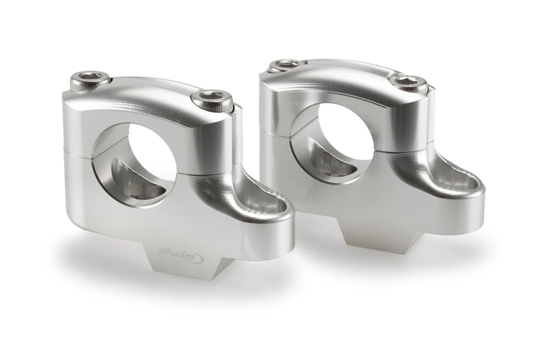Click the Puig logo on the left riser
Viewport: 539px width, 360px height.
tap(175, 252)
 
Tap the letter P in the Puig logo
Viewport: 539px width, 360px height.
tap(164, 251)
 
